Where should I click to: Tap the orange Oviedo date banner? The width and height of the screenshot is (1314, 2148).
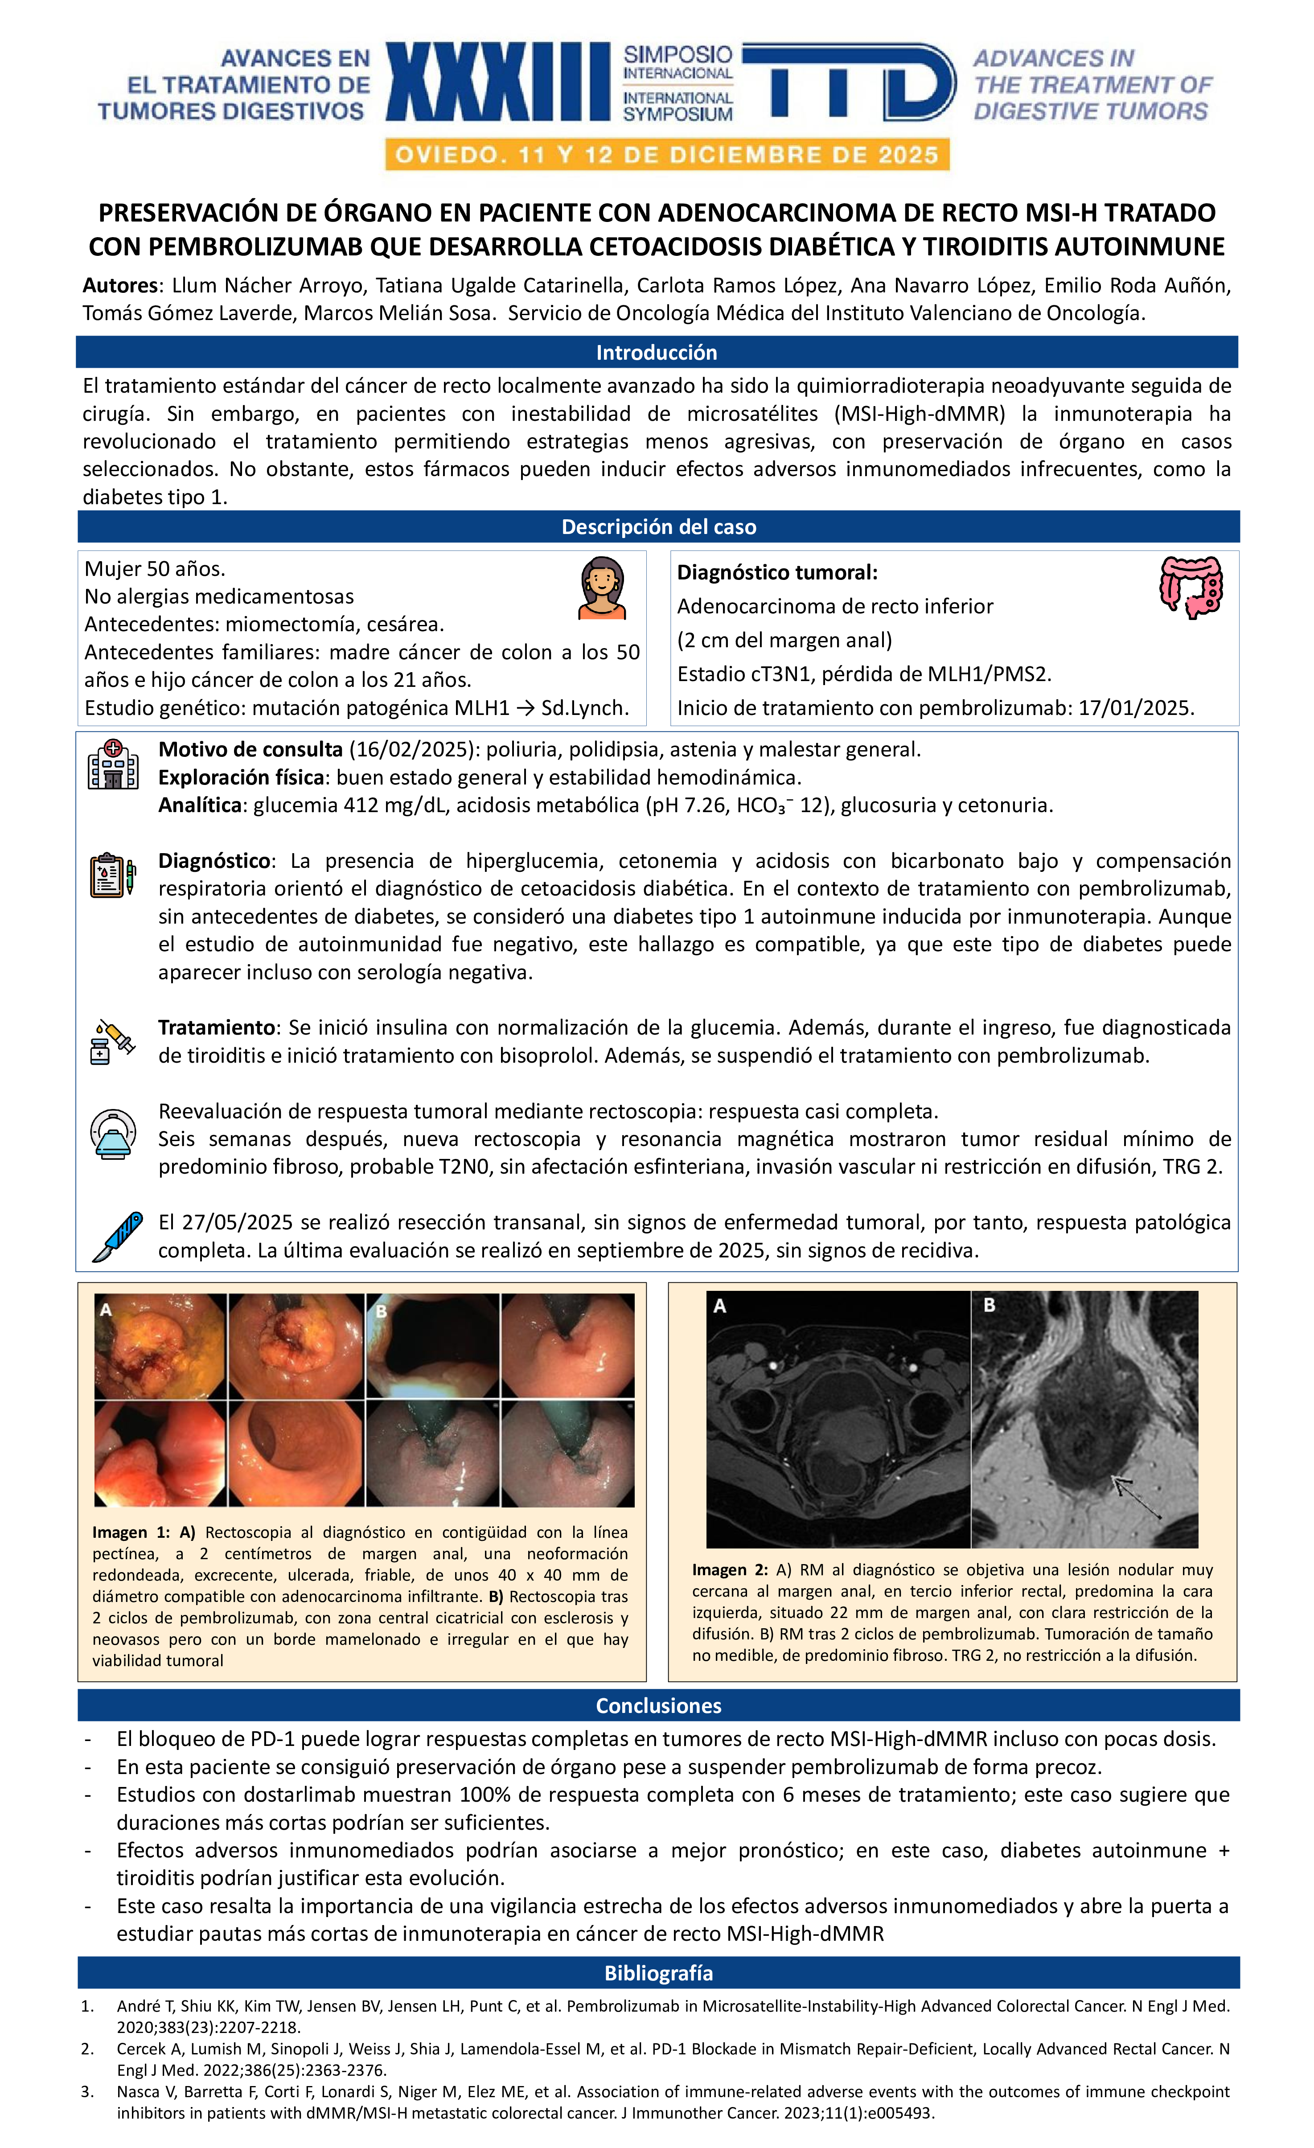click(x=667, y=155)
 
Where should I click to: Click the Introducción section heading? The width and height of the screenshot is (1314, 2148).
click(x=657, y=352)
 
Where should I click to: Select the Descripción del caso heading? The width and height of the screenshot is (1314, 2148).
click(x=658, y=526)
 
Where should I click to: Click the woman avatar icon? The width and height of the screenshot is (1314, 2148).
click(x=602, y=587)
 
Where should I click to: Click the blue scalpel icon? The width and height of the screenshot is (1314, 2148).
click(x=118, y=1236)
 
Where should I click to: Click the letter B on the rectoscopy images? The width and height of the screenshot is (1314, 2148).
click(x=381, y=1310)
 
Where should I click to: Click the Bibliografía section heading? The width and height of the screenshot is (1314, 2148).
click(x=658, y=1973)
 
